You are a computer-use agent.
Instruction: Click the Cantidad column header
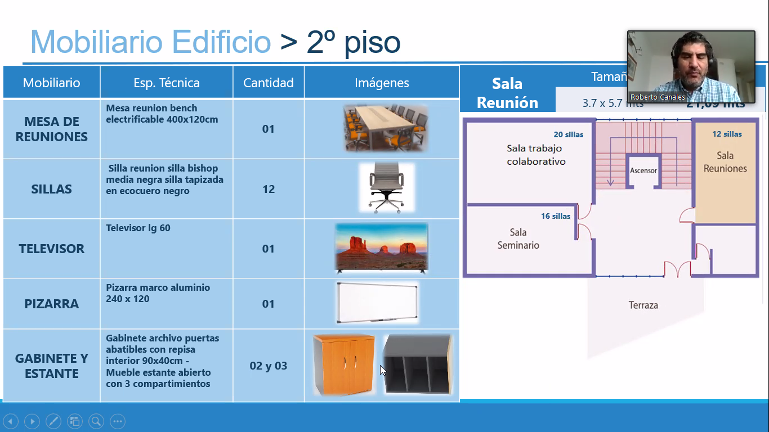click(x=269, y=83)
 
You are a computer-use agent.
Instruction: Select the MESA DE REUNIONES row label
click(x=51, y=129)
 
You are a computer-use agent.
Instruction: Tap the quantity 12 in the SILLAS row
click(x=269, y=189)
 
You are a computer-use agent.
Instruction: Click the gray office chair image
click(x=386, y=188)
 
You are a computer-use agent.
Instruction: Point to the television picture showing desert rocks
click(x=382, y=248)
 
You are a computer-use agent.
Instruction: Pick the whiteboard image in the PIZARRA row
click(x=377, y=303)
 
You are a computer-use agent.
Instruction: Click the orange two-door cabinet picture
click(x=343, y=364)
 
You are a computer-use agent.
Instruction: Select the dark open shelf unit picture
click(x=417, y=364)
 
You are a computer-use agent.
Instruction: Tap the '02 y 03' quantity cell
click(x=269, y=366)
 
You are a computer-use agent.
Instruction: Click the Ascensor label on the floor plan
click(x=643, y=170)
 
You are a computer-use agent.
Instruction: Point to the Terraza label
click(x=643, y=305)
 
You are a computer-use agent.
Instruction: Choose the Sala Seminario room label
click(x=518, y=238)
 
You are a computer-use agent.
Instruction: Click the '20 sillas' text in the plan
click(x=569, y=134)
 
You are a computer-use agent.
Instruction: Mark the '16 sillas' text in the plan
click(x=556, y=216)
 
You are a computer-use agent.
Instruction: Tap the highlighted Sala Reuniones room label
click(x=725, y=162)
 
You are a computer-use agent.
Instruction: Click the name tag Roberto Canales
click(x=658, y=97)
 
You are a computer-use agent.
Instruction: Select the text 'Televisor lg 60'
click(x=138, y=228)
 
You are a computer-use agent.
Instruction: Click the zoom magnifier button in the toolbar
click(x=96, y=421)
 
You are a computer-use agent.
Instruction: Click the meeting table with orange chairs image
click(x=386, y=128)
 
